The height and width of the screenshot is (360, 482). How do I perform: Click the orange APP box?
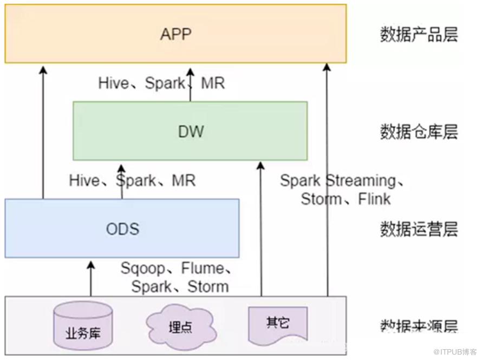pyautogui.click(x=175, y=34)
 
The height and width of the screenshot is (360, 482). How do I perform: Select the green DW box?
pyautogui.click(x=190, y=130)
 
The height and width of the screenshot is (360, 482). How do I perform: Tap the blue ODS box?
pyautogui.click(x=122, y=228)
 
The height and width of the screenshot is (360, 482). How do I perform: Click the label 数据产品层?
pyautogui.click(x=419, y=35)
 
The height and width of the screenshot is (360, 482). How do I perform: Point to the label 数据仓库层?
pyautogui.click(x=419, y=132)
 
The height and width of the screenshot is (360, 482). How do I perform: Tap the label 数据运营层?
pyautogui.click(x=419, y=229)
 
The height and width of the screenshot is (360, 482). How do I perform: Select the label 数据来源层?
pyautogui.click(x=419, y=326)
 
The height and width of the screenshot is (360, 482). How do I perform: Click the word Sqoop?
pyautogui.click(x=142, y=269)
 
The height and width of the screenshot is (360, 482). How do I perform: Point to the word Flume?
pyautogui.click(x=202, y=269)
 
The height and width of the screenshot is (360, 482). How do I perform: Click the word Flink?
pyautogui.click(x=374, y=199)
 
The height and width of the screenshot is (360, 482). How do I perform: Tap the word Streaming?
pyautogui.click(x=361, y=180)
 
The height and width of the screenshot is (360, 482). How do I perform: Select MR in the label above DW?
pyautogui.click(x=212, y=83)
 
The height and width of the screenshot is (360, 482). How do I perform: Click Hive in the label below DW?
pyautogui.click(x=84, y=180)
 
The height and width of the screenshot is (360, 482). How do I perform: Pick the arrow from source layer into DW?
pyautogui.click(x=261, y=227)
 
